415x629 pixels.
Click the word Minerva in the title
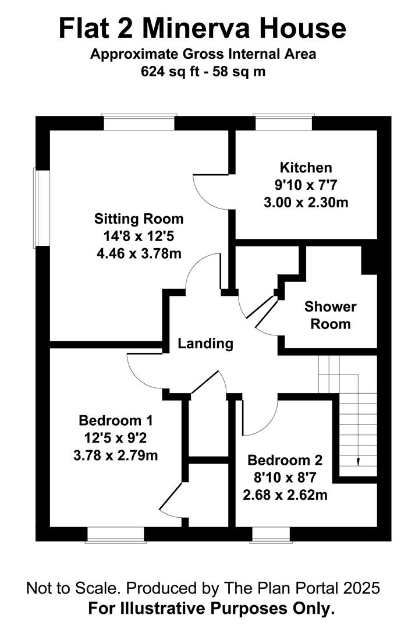tap(209, 29)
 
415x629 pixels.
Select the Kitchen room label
tap(306, 168)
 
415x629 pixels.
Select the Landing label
tap(205, 344)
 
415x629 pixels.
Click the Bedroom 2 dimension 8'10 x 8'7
tap(285, 478)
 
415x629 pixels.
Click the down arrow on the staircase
tap(358, 461)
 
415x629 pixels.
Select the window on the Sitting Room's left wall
tap(42, 207)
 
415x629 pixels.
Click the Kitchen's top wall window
tap(285, 123)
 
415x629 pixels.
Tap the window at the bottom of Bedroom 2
tap(271, 535)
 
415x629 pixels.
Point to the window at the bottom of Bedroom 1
tap(115, 535)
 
